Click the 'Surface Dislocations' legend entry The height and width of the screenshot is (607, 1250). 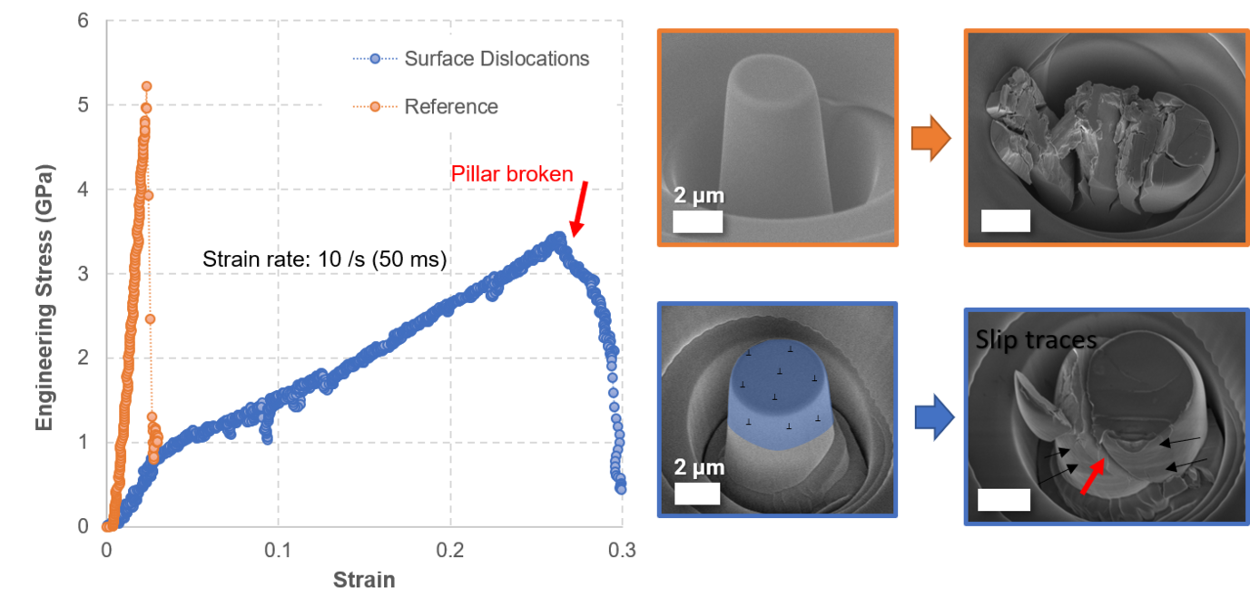point(497,59)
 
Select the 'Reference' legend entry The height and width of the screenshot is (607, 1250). point(451,106)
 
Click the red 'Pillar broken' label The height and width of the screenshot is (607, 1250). point(512,172)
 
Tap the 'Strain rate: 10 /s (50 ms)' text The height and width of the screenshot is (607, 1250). point(324,259)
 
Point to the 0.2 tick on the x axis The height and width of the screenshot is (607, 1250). point(450,550)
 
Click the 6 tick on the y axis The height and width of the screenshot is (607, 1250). point(83,21)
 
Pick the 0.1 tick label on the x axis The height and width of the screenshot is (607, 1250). point(278,550)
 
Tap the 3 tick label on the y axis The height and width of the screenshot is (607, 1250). point(83,274)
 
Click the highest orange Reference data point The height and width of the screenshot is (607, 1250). point(146,86)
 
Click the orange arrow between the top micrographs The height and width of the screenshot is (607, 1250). point(930,140)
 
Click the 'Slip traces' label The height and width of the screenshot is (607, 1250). point(1036,340)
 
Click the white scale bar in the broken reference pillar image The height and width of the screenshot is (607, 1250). point(1006,220)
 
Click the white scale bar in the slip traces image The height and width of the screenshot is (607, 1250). point(1005,500)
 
